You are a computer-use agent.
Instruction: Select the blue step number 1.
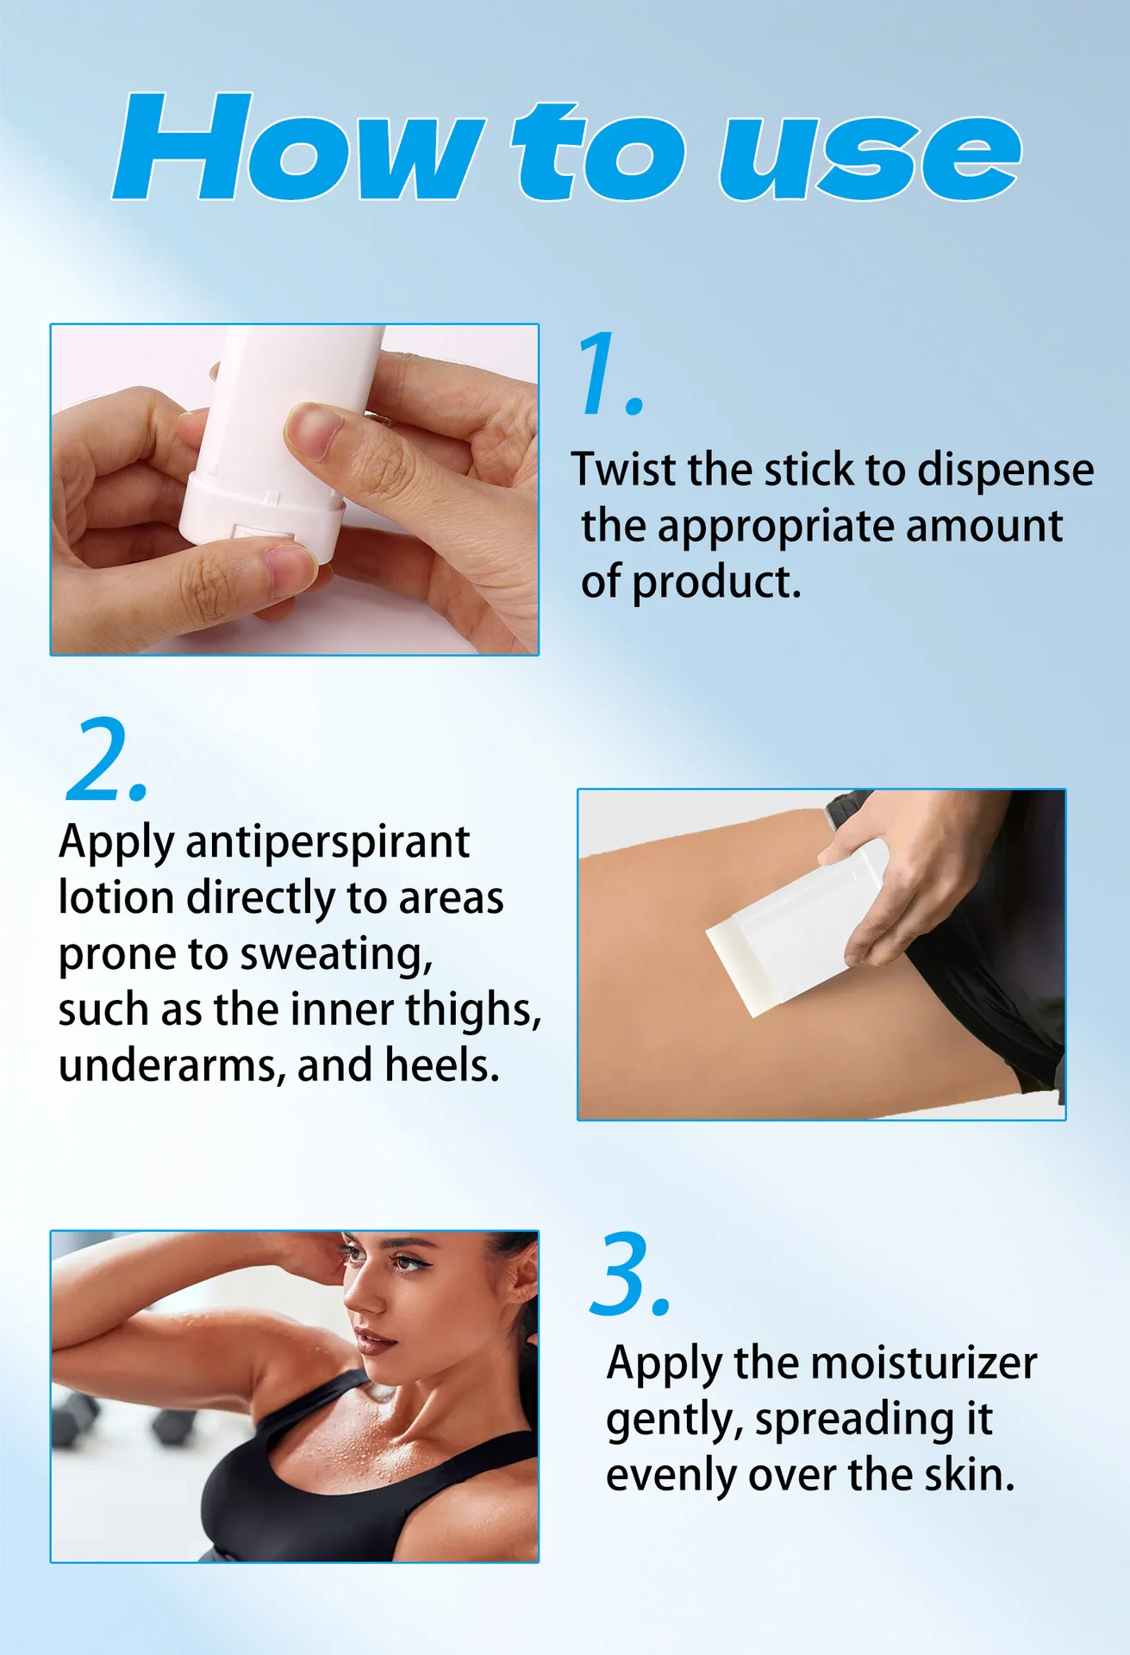tap(610, 373)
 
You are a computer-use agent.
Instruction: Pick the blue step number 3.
tap(630, 1274)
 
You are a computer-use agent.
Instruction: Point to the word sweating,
tap(336, 955)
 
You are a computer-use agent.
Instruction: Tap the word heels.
tap(442, 1065)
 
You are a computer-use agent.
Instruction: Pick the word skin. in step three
tap(969, 1475)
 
